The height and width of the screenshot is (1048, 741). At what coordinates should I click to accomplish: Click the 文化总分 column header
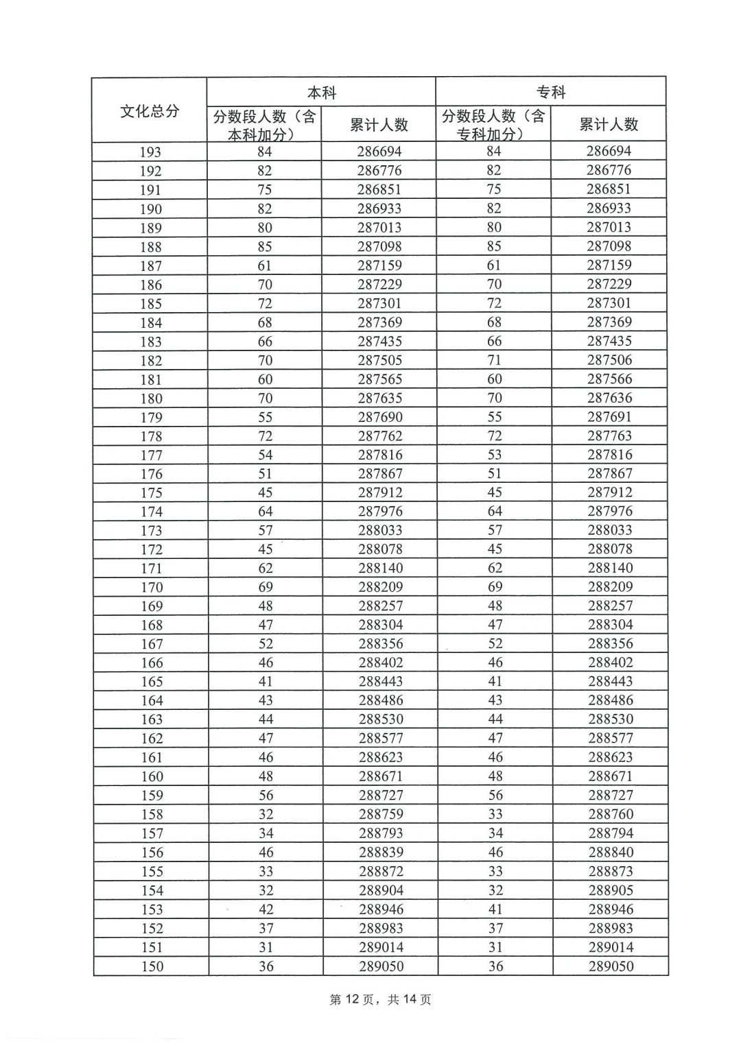click(x=150, y=110)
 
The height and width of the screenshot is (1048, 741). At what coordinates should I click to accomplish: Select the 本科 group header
click(x=321, y=92)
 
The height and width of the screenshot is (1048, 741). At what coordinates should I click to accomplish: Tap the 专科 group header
click(x=550, y=92)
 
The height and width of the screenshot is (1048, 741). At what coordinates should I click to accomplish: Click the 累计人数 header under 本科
click(x=379, y=124)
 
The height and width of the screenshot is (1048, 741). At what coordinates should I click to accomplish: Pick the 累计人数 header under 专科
click(x=609, y=124)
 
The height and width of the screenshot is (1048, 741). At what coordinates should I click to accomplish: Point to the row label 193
click(x=150, y=152)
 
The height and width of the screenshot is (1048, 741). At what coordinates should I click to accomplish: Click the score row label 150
click(x=152, y=966)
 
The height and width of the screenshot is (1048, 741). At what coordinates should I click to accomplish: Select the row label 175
click(x=151, y=492)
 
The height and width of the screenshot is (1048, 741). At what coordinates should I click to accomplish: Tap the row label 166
click(x=152, y=663)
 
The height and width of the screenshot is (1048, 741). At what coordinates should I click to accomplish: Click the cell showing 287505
click(x=379, y=360)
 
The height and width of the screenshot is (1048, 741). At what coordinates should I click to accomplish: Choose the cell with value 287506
click(x=609, y=360)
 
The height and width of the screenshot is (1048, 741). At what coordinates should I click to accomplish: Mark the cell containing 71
click(x=494, y=360)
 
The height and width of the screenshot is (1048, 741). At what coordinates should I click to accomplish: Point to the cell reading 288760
click(x=611, y=814)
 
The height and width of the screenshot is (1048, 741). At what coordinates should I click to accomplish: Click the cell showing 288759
click(x=381, y=814)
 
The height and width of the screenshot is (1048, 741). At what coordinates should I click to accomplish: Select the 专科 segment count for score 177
click(x=494, y=455)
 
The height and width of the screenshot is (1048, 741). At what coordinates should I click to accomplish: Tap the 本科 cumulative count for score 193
click(x=379, y=152)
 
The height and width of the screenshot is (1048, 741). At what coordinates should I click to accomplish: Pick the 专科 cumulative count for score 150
click(x=611, y=966)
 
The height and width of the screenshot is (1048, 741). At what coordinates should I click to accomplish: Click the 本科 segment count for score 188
click(x=265, y=246)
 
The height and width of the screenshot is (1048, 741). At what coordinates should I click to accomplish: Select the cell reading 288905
click(x=611, y=890)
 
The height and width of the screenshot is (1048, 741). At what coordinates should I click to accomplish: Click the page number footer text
click(x=380, y=999)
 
